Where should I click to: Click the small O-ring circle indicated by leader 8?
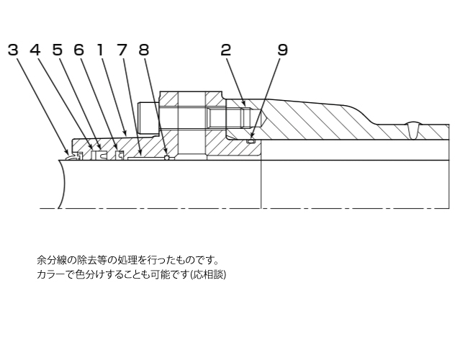(x=166, y=158)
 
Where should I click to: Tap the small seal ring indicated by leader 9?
(x=250, y=141)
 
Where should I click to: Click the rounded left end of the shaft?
(x=62, y=184)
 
